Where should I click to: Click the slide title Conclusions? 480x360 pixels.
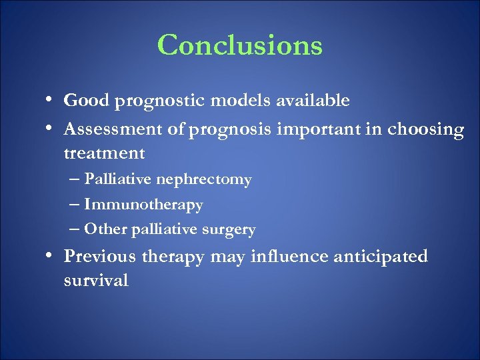pyautogui.click(x=240, y=45)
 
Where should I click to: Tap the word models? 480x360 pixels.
pyautogui.click(x=229, y=101)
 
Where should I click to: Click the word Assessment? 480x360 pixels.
pyautogui.click(x=109, y=129)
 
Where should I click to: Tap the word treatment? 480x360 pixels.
pyautogui.click(x=104, y=153)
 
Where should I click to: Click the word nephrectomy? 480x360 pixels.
pyautogui.click(x=211, y=180)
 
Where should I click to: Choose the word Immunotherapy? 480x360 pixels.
pyautogui.click(x=143, y=205)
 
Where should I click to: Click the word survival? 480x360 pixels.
pyautogui.click(x=96, y=281)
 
